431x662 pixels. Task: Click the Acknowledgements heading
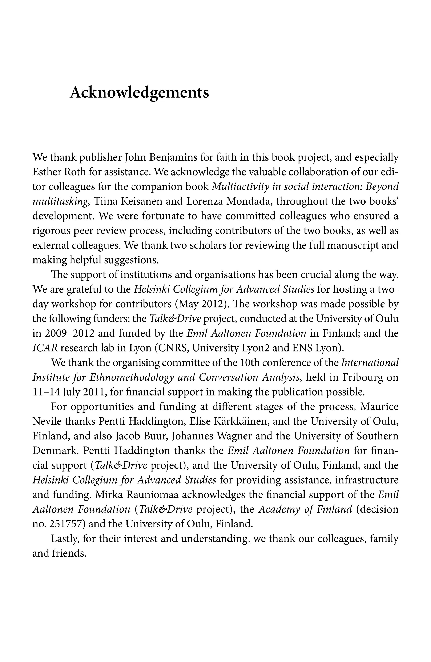(x=139, y=92)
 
